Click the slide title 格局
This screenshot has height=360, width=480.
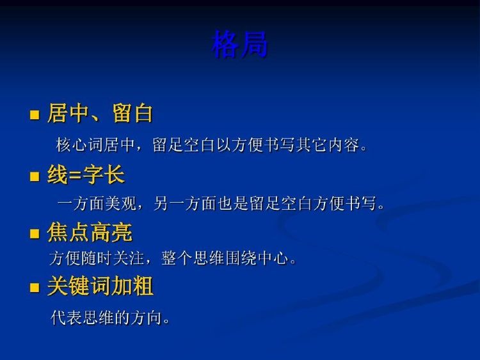pyautogui.click(x=240, y=45)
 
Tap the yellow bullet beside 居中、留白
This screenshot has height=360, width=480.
pyautogui.click(x=35, y=114)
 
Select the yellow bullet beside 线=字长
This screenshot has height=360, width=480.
pyautogui.click(x=35, y=176)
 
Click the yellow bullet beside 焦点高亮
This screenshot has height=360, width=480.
pyautogui.click(x=35, y=233)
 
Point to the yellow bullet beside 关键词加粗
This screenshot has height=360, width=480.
pyautogui.click(x=35, y=287)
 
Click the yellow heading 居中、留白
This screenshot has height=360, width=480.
pyautogui.click(x=100, y=113)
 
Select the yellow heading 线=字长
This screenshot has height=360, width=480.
pyautogui.click(x=86, y=175)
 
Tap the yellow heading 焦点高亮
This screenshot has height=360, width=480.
pyautogui.click(x=90, y=232)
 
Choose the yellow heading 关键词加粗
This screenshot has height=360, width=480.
pyautogui.click(x=100, y=286)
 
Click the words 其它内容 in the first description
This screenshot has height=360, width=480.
pyautogui.click(x=327, y=145)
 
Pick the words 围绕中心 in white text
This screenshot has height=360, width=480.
pyautogui.click(x=257, y=258)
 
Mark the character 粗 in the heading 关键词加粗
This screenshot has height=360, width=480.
pyautogui.click(x=143, y=286)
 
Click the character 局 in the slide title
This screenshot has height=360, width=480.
pyautogui.click(x=254, y=45)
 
